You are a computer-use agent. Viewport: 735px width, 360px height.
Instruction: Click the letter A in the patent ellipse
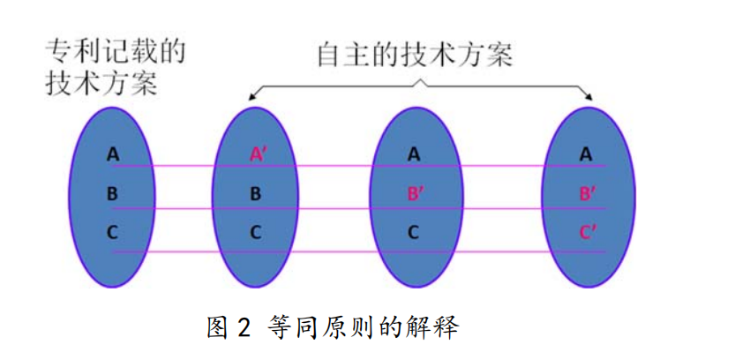(x=113, y=154)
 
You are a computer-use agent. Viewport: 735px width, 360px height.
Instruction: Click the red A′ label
(x=258, y=154)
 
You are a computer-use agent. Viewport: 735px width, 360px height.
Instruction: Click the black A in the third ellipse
(x=414, y=154)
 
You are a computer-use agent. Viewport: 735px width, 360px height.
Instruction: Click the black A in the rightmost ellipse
(x=586, y=154)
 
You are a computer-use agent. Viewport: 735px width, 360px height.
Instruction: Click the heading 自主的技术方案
(x=415, y=55)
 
